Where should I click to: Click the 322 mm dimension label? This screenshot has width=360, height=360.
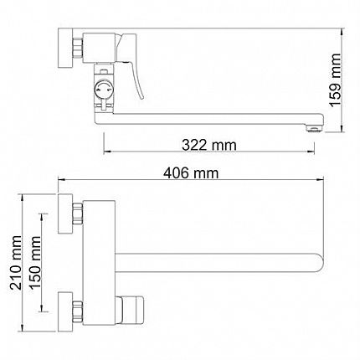[209, 145]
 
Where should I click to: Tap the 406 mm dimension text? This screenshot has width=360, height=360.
[191, 173]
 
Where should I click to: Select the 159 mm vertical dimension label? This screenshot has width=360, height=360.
[336, 80]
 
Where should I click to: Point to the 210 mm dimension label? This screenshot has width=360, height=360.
[15, 262]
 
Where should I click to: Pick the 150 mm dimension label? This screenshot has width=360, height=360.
[34, 263]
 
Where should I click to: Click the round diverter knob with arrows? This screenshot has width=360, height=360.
[104, 90]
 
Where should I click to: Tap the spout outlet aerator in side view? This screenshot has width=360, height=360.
[315, 128]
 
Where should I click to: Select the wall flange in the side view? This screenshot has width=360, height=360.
[65, 48]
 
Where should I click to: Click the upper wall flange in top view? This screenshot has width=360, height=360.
[65, 213]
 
